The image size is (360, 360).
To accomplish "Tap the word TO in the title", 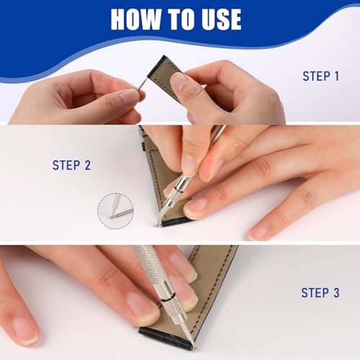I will pyautogui.click(x=189, y=19).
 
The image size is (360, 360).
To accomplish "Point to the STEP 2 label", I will pyautogui.click(x=71, y=165).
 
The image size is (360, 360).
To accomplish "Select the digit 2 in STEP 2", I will pyautogui.click(x=87, y=165).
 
